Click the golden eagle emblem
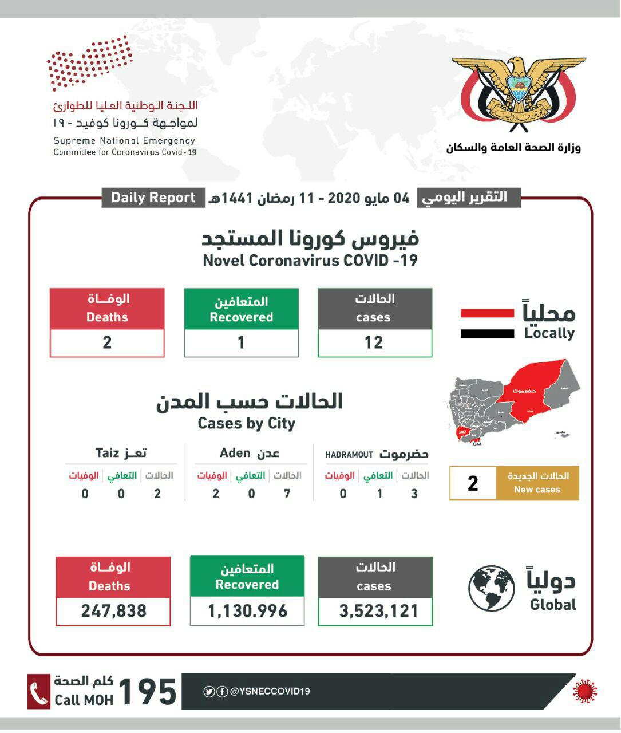coord(519,92)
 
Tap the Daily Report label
coord(153,198)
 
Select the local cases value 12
coord(374,342)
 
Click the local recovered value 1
coord(241,342)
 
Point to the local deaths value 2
coord(107,342)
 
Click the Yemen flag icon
coord(487,324)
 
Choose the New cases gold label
coord(537,483)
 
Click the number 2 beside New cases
coord(473,483)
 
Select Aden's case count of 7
coord(287,494)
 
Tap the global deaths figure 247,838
coord(113,611)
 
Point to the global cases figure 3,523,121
coord(378,611)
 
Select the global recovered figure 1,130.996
coord(247,611)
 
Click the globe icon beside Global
coord(491,588)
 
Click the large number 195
coord(148,692)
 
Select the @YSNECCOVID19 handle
coord(270,691)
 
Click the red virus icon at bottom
coord(584,691)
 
